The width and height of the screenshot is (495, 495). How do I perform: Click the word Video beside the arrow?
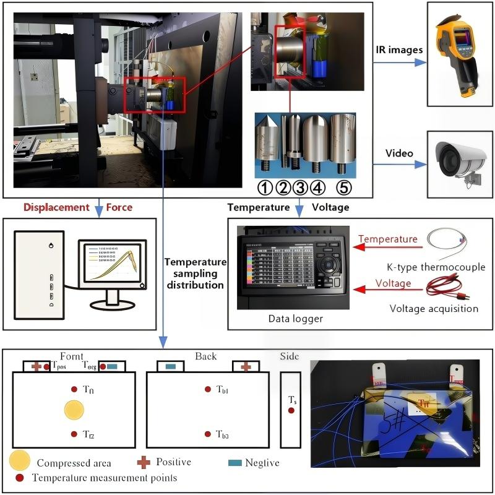399,153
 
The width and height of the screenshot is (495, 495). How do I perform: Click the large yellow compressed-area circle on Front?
74,410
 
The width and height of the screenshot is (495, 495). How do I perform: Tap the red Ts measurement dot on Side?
291,410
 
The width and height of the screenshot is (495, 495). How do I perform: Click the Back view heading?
206,356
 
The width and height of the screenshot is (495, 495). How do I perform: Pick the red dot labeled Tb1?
207,389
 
